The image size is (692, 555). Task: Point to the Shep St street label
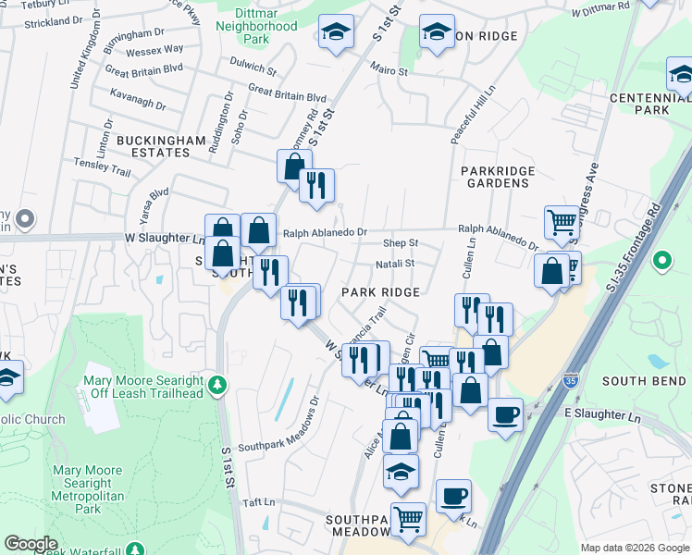pyautogui.click(x=401, y=243)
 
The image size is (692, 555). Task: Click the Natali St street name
pyautogui.click(x=394, y=264)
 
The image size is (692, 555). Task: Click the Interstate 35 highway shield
pyautogui.click(x=571, y=380)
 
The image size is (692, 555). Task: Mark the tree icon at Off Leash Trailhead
pyautogui.click(x=217, y=384)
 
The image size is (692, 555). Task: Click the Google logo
pyautogui.click(x=31, y=544)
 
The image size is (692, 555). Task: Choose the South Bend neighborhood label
pyautogui.click(x=643, y=381)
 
